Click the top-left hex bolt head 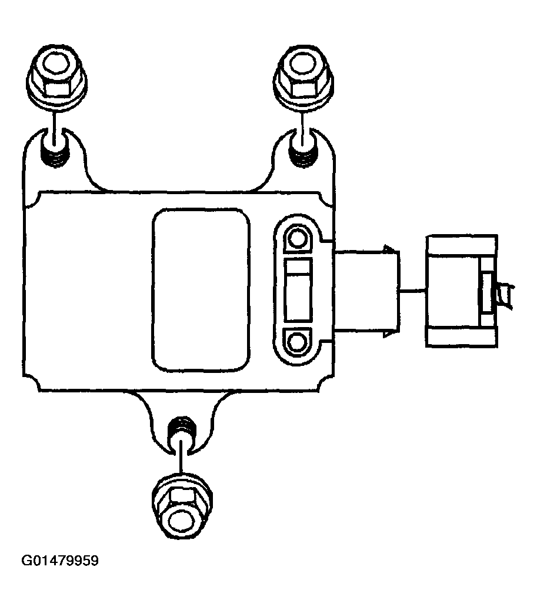pyautogui.click(x=57, y=76)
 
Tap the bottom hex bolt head pyautogui.click(x=182, y=506)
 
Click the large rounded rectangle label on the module pyautogui.click(x=201, y=289)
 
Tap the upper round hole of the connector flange pyautogui.click(x=298, y=238)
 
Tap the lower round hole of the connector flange pyautogui.click(x=298, y=343)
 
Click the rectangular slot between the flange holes pyautogui.click(x=298, y=290)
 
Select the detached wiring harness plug pyautogui.click(x=462, y=290)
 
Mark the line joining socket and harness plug pyautogui.click(x=412, y=290)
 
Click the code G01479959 pyautogui.click(x=60, y=561)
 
